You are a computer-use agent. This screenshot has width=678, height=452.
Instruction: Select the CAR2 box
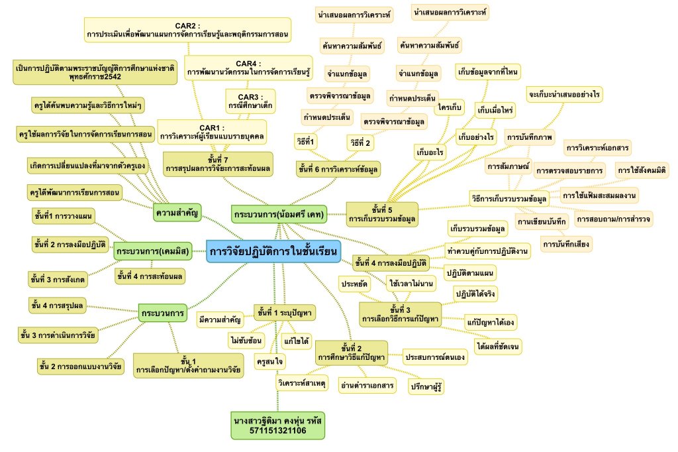189,27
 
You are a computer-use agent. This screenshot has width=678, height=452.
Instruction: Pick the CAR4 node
248,67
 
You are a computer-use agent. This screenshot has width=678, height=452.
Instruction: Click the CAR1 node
212,131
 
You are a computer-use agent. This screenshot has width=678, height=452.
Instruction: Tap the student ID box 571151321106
279,425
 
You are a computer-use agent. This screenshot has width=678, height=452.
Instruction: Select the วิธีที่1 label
305,141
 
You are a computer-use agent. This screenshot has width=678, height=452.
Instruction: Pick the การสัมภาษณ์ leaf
507,166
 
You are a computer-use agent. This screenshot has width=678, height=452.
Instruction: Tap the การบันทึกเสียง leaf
565,245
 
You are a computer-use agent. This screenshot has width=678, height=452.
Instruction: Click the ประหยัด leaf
355,284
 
